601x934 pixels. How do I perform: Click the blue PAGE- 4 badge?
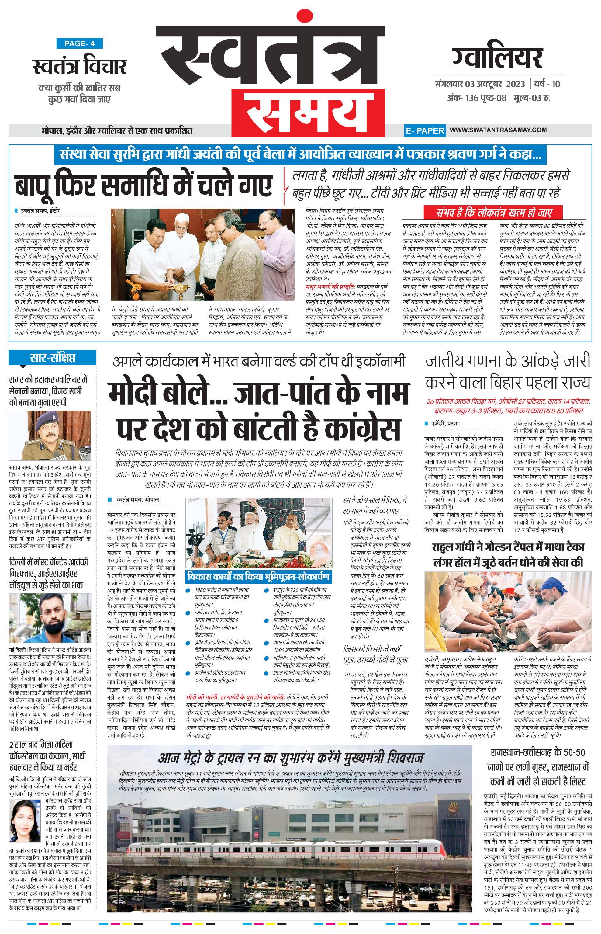point(79,44)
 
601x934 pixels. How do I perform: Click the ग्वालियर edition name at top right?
point(498,57)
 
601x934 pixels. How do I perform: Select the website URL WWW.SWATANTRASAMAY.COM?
point(498,130)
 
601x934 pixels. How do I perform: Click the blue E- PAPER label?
point(425,131)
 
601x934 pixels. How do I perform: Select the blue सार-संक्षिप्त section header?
point(52,358)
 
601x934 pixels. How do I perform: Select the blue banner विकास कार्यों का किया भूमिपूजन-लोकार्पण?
point(258,576)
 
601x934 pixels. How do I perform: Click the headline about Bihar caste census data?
point(508,371)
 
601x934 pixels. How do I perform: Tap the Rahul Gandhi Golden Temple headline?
point(508,554)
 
